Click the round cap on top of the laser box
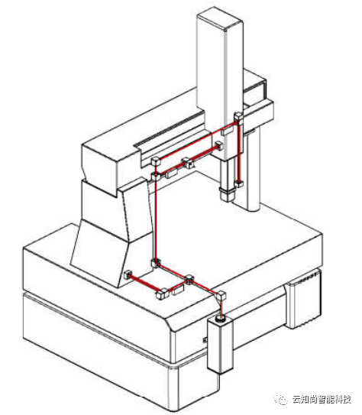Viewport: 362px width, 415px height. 220,319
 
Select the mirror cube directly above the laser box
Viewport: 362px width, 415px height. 221,294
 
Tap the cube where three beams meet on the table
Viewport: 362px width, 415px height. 189,280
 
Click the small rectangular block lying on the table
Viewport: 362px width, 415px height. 178,290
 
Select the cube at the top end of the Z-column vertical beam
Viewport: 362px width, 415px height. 238,116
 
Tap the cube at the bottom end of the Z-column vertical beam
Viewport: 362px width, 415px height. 239,183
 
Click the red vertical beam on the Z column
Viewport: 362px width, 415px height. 239,150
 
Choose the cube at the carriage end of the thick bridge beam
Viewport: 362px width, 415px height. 219,145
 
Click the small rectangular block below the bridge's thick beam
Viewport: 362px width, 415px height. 172,173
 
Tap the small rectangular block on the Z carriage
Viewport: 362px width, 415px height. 227,131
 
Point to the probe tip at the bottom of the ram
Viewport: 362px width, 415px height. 227,194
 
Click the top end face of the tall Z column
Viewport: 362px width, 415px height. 220,21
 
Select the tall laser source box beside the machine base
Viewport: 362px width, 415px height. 220,344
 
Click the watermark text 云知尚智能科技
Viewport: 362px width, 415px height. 322,400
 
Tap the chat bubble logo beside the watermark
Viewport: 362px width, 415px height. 281,400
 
